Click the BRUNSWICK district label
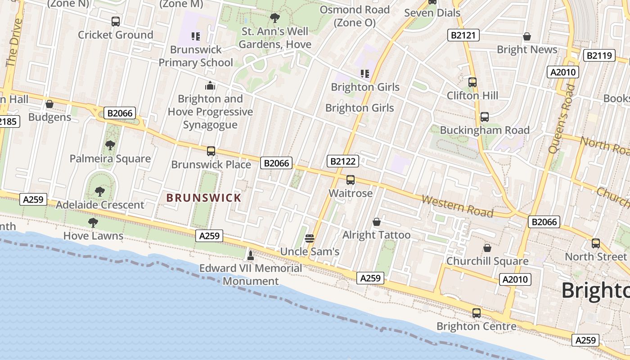pyautogui.click(x=204, y=198)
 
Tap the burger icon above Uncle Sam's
pyautogui.click(x=309, y=238)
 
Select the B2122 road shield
pyautogui.click(x=343, y=161)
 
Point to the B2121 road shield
pyautogui.click(x=463, y=35)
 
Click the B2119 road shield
pyautogui.click(x=599, y=55)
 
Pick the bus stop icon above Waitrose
pyautogui.click(x=351, y=180)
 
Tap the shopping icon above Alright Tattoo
pyautogui.click(x=377, y=222)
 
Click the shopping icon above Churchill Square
pyautogui.click(x=487, y=248)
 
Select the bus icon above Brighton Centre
pyautogui.click(x=477, y=313)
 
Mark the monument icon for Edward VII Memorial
pyautogui.click(x=251, y=255)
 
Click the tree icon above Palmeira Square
pyautogui.click(x=110, y=145)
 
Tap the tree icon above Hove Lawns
pyautogui.click(x=93, y=222)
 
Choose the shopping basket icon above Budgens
pyautogui.click(x=49, y=104)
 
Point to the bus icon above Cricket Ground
pyautogui.click(x=116, y=21)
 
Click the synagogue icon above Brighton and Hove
pyautogui.click(x=210, y=85)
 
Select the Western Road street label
pyautogui.click(x=457, y=206)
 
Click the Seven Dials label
pyautogui.click(x=432, y=13)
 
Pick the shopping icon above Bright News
pyautogui.click(x=526, y=36)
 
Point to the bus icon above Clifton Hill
pyautogui.click(x=472, y=82)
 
